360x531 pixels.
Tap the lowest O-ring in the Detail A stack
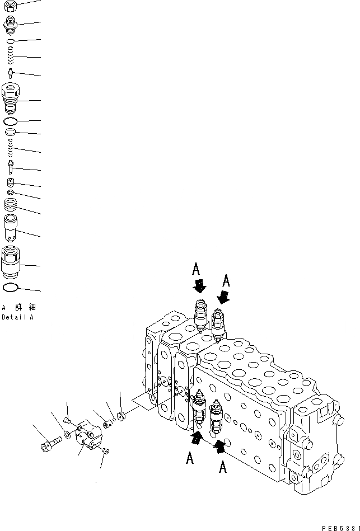tap(11, 288)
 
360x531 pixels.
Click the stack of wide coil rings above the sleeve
tap(11, 205)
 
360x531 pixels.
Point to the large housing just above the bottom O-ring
tap(11, 261)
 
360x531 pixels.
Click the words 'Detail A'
tap(17, 317)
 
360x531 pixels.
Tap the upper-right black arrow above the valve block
tap(223, 297)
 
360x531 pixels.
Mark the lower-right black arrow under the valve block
tap(219, 445)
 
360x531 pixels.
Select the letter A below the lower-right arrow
tap(222, 467)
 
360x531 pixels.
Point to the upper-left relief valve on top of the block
tap(200, 317)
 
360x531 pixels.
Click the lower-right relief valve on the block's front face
tap(216, 420)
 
